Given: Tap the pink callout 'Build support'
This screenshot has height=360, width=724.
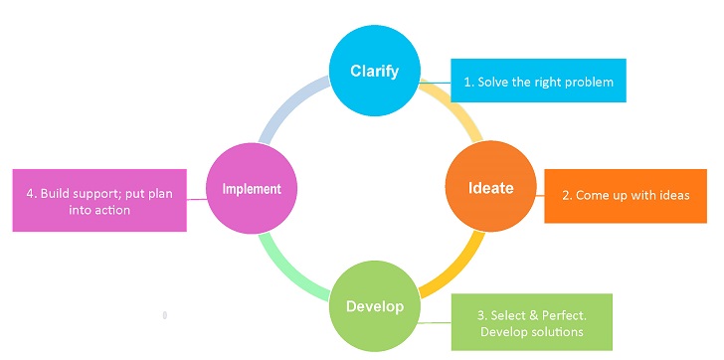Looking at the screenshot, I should tap(99, 201).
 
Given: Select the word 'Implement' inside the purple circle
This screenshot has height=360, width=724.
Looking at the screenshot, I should tap(252, 188).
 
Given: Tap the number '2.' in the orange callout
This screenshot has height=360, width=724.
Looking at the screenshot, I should tap(567, 195).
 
